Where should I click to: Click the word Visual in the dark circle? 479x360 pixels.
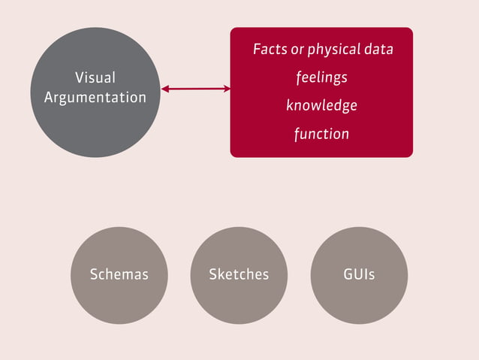tap(95, 77)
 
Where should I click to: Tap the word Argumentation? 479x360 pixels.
tap(95, 98)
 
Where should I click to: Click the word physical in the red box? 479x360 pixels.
tap(334, 50)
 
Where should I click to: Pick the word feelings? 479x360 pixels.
tap(321, 78)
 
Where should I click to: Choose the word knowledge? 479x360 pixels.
tap(321, 106)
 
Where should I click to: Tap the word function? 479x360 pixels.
tap(321, 135)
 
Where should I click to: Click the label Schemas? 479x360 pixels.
tap(119, 274)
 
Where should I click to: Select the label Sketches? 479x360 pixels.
tap(239, 274)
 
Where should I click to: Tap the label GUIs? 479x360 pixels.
tap(359, 274)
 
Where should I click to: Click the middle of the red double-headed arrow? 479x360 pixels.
tap(195, 89)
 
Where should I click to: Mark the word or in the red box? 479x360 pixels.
tap(297, 50)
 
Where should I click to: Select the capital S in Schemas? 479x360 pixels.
tap(94, 274)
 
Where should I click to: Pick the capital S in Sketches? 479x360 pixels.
tap(213, 274)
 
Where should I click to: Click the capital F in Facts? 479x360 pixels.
tap(257, 50)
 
